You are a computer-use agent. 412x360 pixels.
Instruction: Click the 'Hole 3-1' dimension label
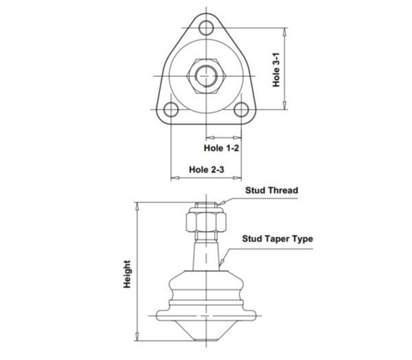[276, 70]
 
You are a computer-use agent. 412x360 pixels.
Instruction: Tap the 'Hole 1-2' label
[222, 148]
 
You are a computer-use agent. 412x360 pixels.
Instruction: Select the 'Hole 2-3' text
[207, 170]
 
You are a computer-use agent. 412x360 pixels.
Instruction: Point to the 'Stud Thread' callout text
[272, 190]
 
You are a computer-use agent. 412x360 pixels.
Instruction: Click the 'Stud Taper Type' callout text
[277, 239]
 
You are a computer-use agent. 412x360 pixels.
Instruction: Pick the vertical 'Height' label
[127, 274]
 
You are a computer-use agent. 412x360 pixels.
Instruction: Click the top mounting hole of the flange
[206, 27]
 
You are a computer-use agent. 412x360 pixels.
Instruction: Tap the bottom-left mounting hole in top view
[171, 109]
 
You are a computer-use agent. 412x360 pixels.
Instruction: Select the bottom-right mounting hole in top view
[241, 109]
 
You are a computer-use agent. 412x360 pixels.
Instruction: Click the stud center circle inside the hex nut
[206, 76]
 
